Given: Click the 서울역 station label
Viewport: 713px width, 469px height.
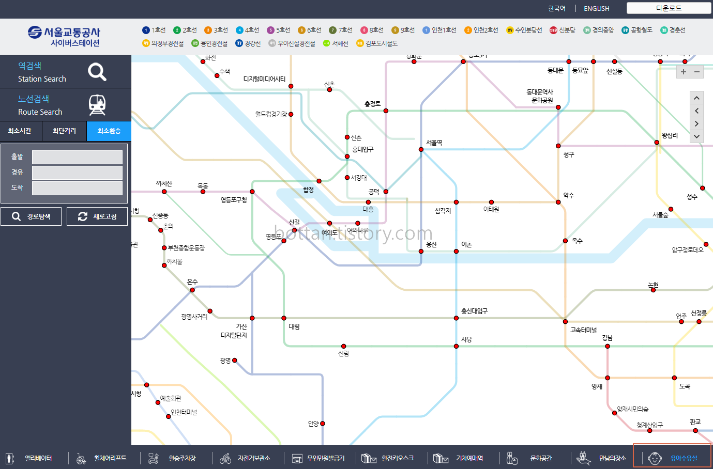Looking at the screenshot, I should click(x=434, y=143).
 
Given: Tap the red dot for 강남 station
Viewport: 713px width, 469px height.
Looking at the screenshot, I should click(x=608, y=347).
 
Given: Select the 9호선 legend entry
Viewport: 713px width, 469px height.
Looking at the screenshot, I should click(x=403, y=30).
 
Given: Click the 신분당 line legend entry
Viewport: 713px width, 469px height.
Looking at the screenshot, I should click(x=563, y=30).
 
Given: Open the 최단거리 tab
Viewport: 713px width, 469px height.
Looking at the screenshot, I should click(x=64, y=131).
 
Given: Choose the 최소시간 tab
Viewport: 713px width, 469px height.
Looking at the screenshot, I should click(x=20, y=131).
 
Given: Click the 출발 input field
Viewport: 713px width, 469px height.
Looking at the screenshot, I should click(x=77, y=157).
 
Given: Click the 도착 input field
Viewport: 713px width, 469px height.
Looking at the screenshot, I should click(x=77, y=187).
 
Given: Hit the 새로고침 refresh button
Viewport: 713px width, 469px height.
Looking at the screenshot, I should click(x=97, y=216).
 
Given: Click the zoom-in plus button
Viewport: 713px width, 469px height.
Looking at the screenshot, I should click(x=683, y=72).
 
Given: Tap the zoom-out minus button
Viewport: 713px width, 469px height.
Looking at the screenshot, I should click(x=697, y=72).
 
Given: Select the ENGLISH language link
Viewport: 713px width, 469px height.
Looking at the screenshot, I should click(x=596, y=8).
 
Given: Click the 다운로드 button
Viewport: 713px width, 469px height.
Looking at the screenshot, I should click(x=669, y=8).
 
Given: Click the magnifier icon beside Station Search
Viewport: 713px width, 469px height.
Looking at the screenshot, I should click(x=97, y=72).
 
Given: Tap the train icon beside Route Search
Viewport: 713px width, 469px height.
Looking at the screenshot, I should click(x=97, y=105).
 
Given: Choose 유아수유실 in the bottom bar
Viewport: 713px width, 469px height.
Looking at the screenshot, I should click(x=673, y=458).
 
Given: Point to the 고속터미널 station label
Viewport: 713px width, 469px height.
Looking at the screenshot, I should click(x=583, y=330).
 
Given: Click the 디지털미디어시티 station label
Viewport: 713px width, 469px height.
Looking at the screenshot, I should click(x=264, y=79).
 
